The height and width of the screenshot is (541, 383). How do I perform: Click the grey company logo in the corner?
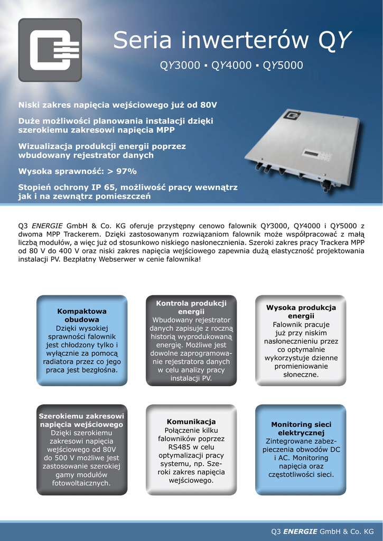(50, 50)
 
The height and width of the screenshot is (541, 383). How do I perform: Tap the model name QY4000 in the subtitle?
(231, 66)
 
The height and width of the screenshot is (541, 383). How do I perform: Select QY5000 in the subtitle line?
(283, 66)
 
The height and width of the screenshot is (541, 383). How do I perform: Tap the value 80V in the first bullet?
(207, 105)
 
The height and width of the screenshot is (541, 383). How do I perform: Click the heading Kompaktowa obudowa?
(82, 315)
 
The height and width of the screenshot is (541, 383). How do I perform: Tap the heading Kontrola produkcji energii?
(191, 307)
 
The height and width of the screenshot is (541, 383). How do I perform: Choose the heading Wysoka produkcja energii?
(301, 312)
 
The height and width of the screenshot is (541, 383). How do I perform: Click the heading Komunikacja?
(191, 422)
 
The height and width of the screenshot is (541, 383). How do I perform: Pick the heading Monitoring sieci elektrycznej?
(301, 428)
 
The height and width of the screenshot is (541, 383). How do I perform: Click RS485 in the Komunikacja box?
(172, 447)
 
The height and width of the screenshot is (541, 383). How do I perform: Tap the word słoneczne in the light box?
(301, 374)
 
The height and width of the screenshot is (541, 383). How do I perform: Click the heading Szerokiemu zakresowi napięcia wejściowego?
(82, 420)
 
